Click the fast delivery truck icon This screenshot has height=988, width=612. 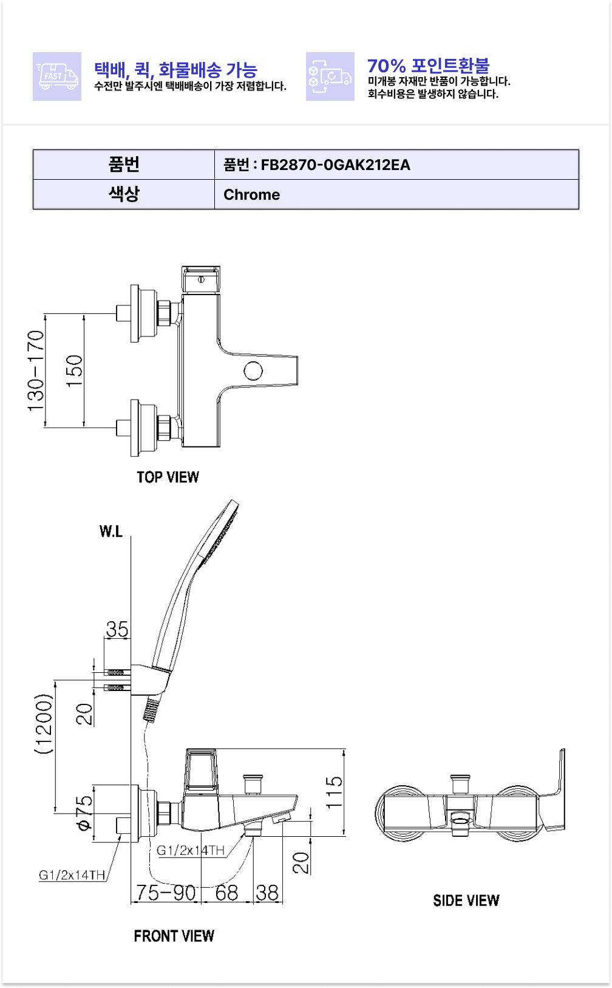pos(57,77)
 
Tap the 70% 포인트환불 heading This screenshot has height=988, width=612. pos(428,66)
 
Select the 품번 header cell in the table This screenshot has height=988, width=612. pos(124,165)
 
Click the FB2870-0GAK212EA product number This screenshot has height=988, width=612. pos(335,165)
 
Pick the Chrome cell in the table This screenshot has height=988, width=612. pos(251,195)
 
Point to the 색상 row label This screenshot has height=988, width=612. pos(124,194)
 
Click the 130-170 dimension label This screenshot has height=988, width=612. pos(36,370)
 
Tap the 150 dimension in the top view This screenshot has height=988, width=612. pos(74,371)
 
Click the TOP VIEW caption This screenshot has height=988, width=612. pos(168,477)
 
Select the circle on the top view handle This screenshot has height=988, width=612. pos(253,370)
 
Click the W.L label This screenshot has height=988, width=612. pos(111,532)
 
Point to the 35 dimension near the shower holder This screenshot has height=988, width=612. pos(117,629)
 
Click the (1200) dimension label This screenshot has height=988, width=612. pos(44,724)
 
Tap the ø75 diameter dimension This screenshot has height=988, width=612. pos(84,813)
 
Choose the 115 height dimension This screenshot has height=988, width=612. pos(334,792)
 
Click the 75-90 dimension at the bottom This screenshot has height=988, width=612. pos(166,893)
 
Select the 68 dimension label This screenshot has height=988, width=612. pos(226,893)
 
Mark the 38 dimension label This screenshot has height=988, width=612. pos(267,893)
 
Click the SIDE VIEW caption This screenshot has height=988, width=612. pos(466,901)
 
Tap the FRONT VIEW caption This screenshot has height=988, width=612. pos(174,936)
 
